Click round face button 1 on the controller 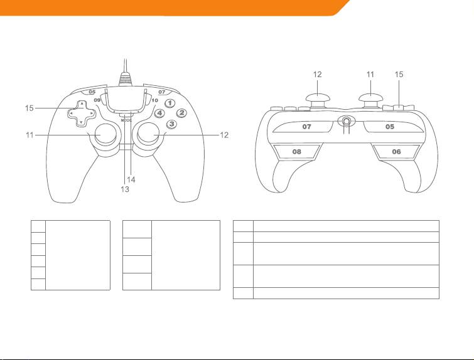[169, 103]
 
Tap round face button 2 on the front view [181, 113]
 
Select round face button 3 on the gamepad [170, 124]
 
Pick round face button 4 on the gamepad [159, 114]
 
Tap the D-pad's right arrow [92, 114]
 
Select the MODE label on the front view [126, 119]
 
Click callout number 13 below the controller [125, 189]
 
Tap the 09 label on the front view [97, 100]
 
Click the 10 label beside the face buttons [154, 100]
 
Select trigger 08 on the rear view [295, 152]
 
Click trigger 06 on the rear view [396, 152]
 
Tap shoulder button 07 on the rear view [308, 127]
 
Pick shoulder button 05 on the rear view [389, 127]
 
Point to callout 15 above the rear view [400, 74]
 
